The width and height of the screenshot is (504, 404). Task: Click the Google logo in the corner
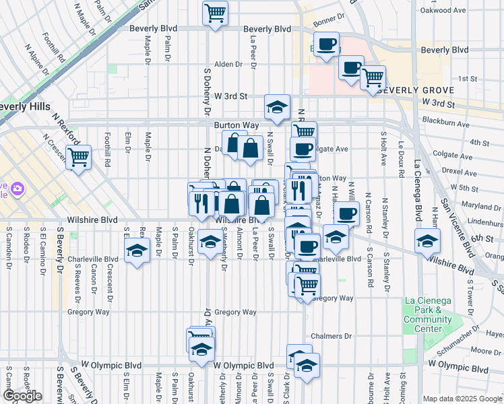click(22, 396)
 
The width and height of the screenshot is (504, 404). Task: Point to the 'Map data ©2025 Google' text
click(462, 399)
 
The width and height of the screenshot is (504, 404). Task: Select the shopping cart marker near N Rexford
click(79, 158)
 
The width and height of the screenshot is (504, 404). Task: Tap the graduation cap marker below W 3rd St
click(276, 108)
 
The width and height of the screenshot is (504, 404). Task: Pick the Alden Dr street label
click(228, 65)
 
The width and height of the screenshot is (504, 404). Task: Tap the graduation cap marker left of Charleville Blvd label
click(137, 252)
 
